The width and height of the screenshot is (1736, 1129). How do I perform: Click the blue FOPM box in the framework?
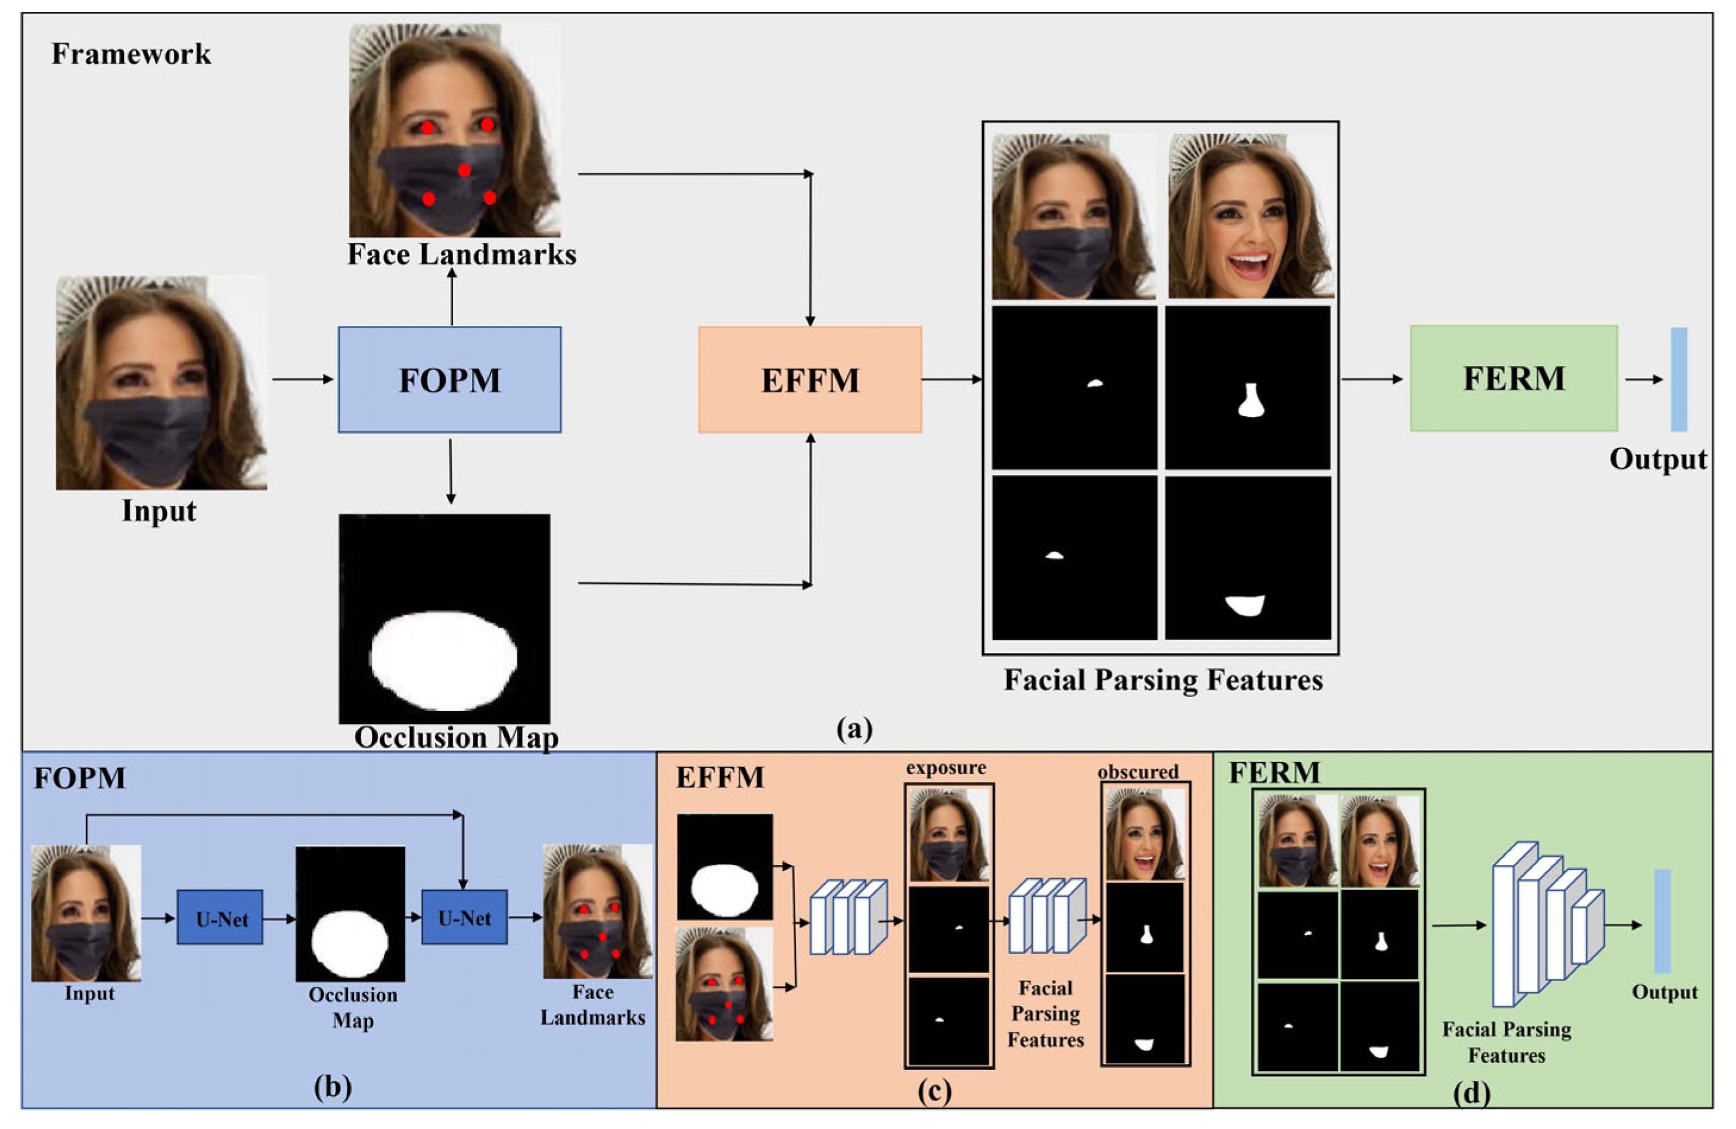449,380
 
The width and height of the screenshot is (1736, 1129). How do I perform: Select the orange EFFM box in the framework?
810,380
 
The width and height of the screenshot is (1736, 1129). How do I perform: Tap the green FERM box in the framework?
1514,378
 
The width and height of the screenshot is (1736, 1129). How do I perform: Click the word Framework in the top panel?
131,54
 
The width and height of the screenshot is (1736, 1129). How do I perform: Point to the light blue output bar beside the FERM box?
1678,380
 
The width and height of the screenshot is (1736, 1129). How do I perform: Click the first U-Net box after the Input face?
221,917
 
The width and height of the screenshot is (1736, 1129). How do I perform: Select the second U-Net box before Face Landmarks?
464,917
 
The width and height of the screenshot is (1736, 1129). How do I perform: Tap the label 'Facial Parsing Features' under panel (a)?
1163,680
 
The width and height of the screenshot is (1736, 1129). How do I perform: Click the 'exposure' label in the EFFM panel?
945,768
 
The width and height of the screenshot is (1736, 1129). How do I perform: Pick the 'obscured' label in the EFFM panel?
1138,772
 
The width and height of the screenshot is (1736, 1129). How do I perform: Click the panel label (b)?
333,1087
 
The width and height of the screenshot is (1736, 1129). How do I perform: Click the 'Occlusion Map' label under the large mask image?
456,738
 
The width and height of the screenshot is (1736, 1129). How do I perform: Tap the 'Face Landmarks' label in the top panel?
462,254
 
